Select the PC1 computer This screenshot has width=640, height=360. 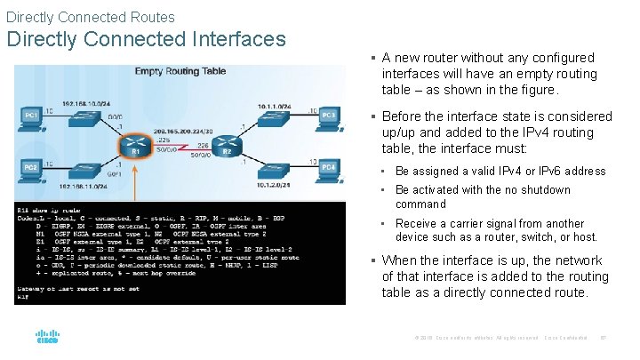pos(32,116)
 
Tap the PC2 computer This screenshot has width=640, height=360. pos(32,168)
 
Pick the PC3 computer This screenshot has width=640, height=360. pos(327,116)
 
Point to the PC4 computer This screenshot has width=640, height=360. pos(327,168)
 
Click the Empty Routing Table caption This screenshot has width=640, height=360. pos(179,71)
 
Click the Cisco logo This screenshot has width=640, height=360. pos(47,338)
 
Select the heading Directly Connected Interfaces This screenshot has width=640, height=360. pos(146,39)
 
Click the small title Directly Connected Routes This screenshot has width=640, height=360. pos(90,17)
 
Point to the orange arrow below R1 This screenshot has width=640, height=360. pos(136,182)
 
